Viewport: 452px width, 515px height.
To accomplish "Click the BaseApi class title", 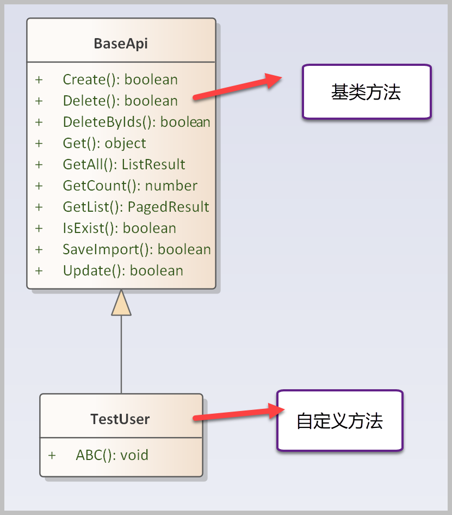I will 121,44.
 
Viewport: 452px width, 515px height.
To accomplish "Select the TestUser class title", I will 120,419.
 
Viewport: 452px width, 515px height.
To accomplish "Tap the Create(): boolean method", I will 120,79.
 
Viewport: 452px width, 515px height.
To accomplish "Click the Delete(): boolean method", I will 120,101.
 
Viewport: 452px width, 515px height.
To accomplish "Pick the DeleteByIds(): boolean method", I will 137,122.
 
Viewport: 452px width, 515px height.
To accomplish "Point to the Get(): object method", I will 104,143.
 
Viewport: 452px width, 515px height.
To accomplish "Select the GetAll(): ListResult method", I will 124,164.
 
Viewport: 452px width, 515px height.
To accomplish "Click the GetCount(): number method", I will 130,186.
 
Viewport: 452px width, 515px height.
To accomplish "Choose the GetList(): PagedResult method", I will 136,207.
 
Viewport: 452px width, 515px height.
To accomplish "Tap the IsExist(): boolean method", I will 120,228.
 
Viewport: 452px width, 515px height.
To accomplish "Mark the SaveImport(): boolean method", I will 137,249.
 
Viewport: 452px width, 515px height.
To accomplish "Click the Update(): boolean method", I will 123,271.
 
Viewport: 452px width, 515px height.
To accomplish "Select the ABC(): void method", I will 112,455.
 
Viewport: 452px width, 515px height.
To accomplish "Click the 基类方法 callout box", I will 367,92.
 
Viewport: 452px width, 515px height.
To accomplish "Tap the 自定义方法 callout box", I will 340,421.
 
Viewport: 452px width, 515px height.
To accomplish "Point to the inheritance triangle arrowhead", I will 121,303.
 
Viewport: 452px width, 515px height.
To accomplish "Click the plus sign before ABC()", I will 52,455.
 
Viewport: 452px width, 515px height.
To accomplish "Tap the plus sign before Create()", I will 39,79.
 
